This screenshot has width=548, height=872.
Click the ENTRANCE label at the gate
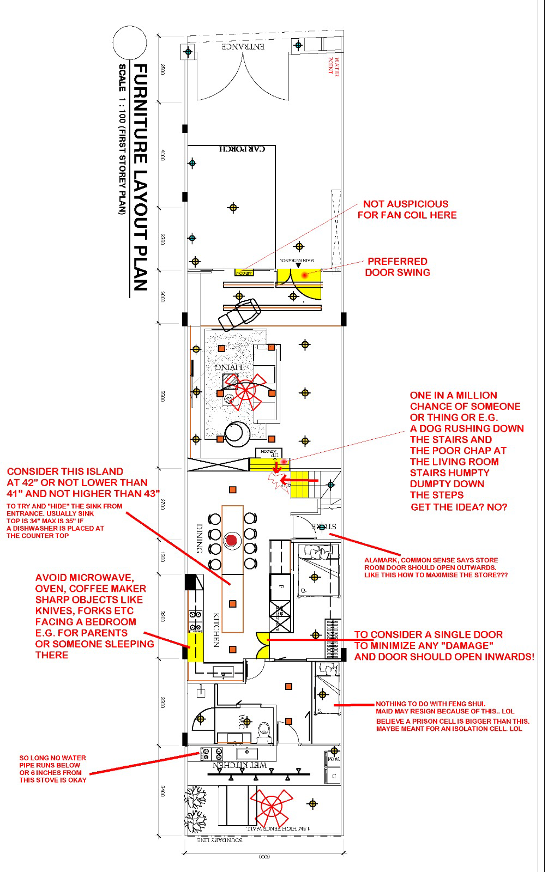click(244, 47)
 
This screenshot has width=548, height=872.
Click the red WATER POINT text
click(333, 65)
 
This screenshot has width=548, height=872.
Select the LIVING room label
click(232, 367)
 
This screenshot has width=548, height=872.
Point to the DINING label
click(199, 539)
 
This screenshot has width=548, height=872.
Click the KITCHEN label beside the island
click(216, 630)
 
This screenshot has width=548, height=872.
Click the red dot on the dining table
click(232, 540)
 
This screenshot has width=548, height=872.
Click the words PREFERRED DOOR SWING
click(398, 267)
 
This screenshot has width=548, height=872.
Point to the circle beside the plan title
click(130, 45)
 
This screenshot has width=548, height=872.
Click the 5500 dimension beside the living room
click(162, 396)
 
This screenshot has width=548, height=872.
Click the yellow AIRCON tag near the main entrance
click(244, 272)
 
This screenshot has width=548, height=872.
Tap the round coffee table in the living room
click(237, 432)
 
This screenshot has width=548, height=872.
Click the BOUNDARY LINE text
click(220, 840)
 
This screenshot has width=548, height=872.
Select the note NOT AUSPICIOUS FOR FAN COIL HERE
click(407, 209)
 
